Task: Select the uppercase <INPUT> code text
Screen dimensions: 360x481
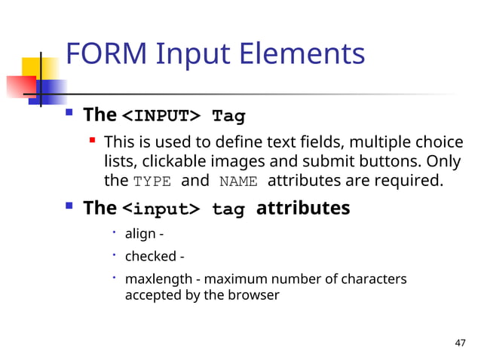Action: pyautogui.click(x=161, y=116)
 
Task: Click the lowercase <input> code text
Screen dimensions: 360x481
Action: pyautogui.click(x=161, y=209)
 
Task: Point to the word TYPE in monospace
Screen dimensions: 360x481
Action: pyautogui.click(x=152, y=182)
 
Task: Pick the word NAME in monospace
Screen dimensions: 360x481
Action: pyautogui.click(x=239, y=182)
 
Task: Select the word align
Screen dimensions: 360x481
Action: pyautogui.click(x=140, y=236)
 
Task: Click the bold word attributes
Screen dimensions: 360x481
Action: pyautogui.click(x=303, y=208)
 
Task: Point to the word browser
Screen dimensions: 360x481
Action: pyautogui.click(x=255, y=295)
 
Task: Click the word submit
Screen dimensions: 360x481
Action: pyautogui.click(x=332, y=162)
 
